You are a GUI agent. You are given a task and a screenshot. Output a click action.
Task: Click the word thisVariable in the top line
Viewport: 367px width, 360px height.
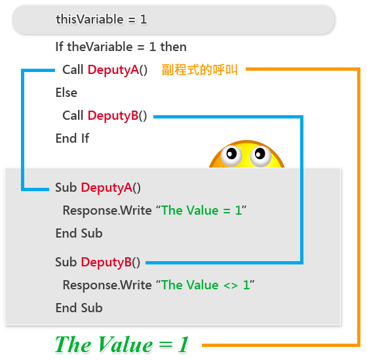(90, 19)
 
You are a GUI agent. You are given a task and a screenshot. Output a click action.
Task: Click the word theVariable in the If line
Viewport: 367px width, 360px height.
(100, 46)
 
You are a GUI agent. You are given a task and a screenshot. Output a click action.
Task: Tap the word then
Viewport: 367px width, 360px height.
(174, 46)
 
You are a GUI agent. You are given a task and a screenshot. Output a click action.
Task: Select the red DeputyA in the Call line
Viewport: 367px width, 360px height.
(113, 69)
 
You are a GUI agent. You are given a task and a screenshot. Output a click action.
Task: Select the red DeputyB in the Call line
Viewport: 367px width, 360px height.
(113, 115)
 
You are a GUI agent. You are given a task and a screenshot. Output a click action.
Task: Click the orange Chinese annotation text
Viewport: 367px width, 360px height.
(200, 69)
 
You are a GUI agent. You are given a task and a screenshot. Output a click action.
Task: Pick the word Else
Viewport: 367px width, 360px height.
(66, 92)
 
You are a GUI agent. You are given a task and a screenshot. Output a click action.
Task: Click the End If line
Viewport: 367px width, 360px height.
(72, 138)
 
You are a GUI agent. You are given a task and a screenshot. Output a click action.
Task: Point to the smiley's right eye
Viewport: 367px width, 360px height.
(260, 156)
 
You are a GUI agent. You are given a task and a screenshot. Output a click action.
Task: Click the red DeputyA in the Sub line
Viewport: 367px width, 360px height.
(107, 187)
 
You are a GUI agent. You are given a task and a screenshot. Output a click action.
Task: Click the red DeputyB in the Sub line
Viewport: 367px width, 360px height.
(106, 262)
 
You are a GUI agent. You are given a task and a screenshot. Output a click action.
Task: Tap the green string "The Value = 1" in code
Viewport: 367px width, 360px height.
(202, 210)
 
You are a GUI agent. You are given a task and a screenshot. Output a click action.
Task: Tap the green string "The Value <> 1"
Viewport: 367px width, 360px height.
(205, 285)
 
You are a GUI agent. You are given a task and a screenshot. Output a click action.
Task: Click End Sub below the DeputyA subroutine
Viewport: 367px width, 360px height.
(79, 233)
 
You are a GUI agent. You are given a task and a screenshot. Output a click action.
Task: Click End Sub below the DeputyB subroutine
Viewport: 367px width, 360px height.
(79, 308)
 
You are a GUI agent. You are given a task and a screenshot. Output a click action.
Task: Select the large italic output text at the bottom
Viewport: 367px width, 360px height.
(122, 344)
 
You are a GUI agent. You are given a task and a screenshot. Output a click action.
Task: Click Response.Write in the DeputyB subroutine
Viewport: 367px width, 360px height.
(107, 285)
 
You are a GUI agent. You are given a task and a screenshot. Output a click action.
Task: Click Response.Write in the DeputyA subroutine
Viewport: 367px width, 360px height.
(107, 211)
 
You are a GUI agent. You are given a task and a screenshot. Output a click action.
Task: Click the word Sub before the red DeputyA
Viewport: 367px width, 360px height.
(66, 187)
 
